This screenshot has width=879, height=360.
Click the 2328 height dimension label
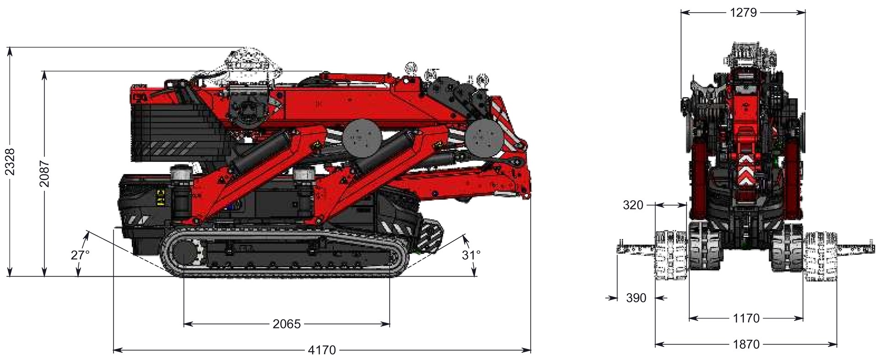(10, 161)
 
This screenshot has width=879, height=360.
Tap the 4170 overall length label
(322, 350)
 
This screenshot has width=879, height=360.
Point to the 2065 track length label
(287, 324)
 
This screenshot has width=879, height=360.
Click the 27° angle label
(81, 255)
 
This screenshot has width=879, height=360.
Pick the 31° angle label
(471, 255)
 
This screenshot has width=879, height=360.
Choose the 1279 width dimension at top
(743, 13)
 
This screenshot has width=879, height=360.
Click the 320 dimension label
(633, 205)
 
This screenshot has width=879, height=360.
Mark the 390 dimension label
(636, 298)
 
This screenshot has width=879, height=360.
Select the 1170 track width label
(745, 318)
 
